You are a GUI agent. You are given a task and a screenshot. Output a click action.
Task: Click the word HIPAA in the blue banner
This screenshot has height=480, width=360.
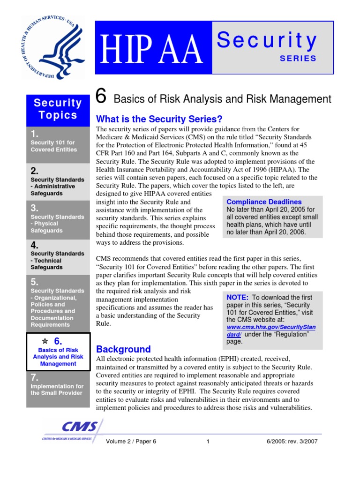(153, 49)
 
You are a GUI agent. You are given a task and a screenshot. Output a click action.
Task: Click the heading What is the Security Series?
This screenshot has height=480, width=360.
(159, 119)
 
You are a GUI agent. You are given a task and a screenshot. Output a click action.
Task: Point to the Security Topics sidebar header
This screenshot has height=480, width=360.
(58, 109)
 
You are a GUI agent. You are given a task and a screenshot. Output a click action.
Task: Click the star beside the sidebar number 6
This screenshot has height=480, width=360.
(45, 341)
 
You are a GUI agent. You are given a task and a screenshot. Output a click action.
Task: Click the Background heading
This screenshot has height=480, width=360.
(123, 349)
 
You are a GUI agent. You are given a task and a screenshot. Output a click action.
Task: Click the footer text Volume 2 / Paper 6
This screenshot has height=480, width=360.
(131, 442)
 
